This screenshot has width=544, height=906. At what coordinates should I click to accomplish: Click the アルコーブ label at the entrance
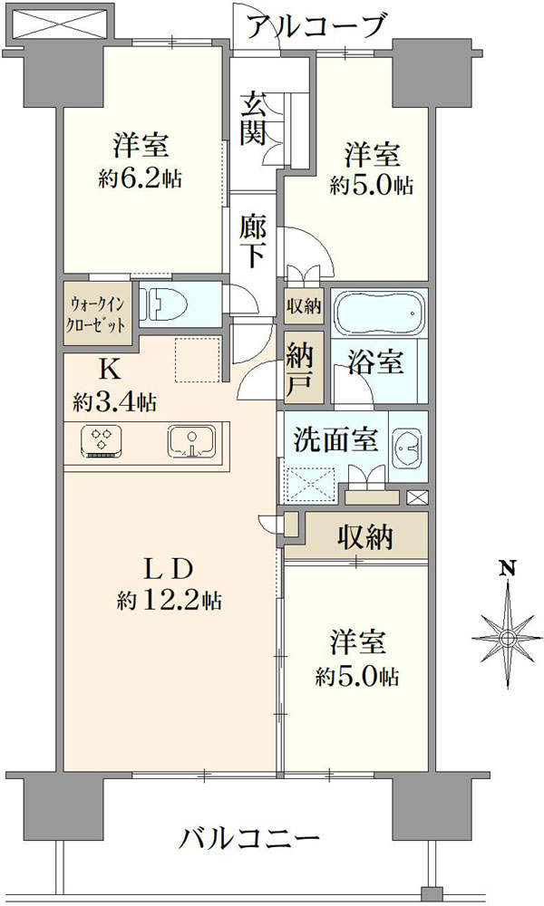click(x=316, y=26)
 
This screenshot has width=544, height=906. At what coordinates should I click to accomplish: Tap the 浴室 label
click(x=375, y=362)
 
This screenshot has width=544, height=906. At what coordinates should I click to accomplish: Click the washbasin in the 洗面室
click(x=408, y=446)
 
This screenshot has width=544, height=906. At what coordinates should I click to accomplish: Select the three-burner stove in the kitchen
click(x=102, y=443)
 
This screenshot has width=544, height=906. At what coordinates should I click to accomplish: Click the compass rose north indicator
click(x=507, y=636)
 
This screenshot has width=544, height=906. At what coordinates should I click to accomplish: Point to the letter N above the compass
click(x=508, y=568)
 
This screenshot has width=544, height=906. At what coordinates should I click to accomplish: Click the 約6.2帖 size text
click(x=140, y=179)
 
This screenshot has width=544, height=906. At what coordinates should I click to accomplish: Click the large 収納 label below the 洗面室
click(x=365, y=537)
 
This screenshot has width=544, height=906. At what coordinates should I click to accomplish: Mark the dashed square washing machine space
click(x=310, y=483)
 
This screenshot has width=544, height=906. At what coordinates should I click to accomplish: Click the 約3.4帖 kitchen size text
click(x=114, y=401)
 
